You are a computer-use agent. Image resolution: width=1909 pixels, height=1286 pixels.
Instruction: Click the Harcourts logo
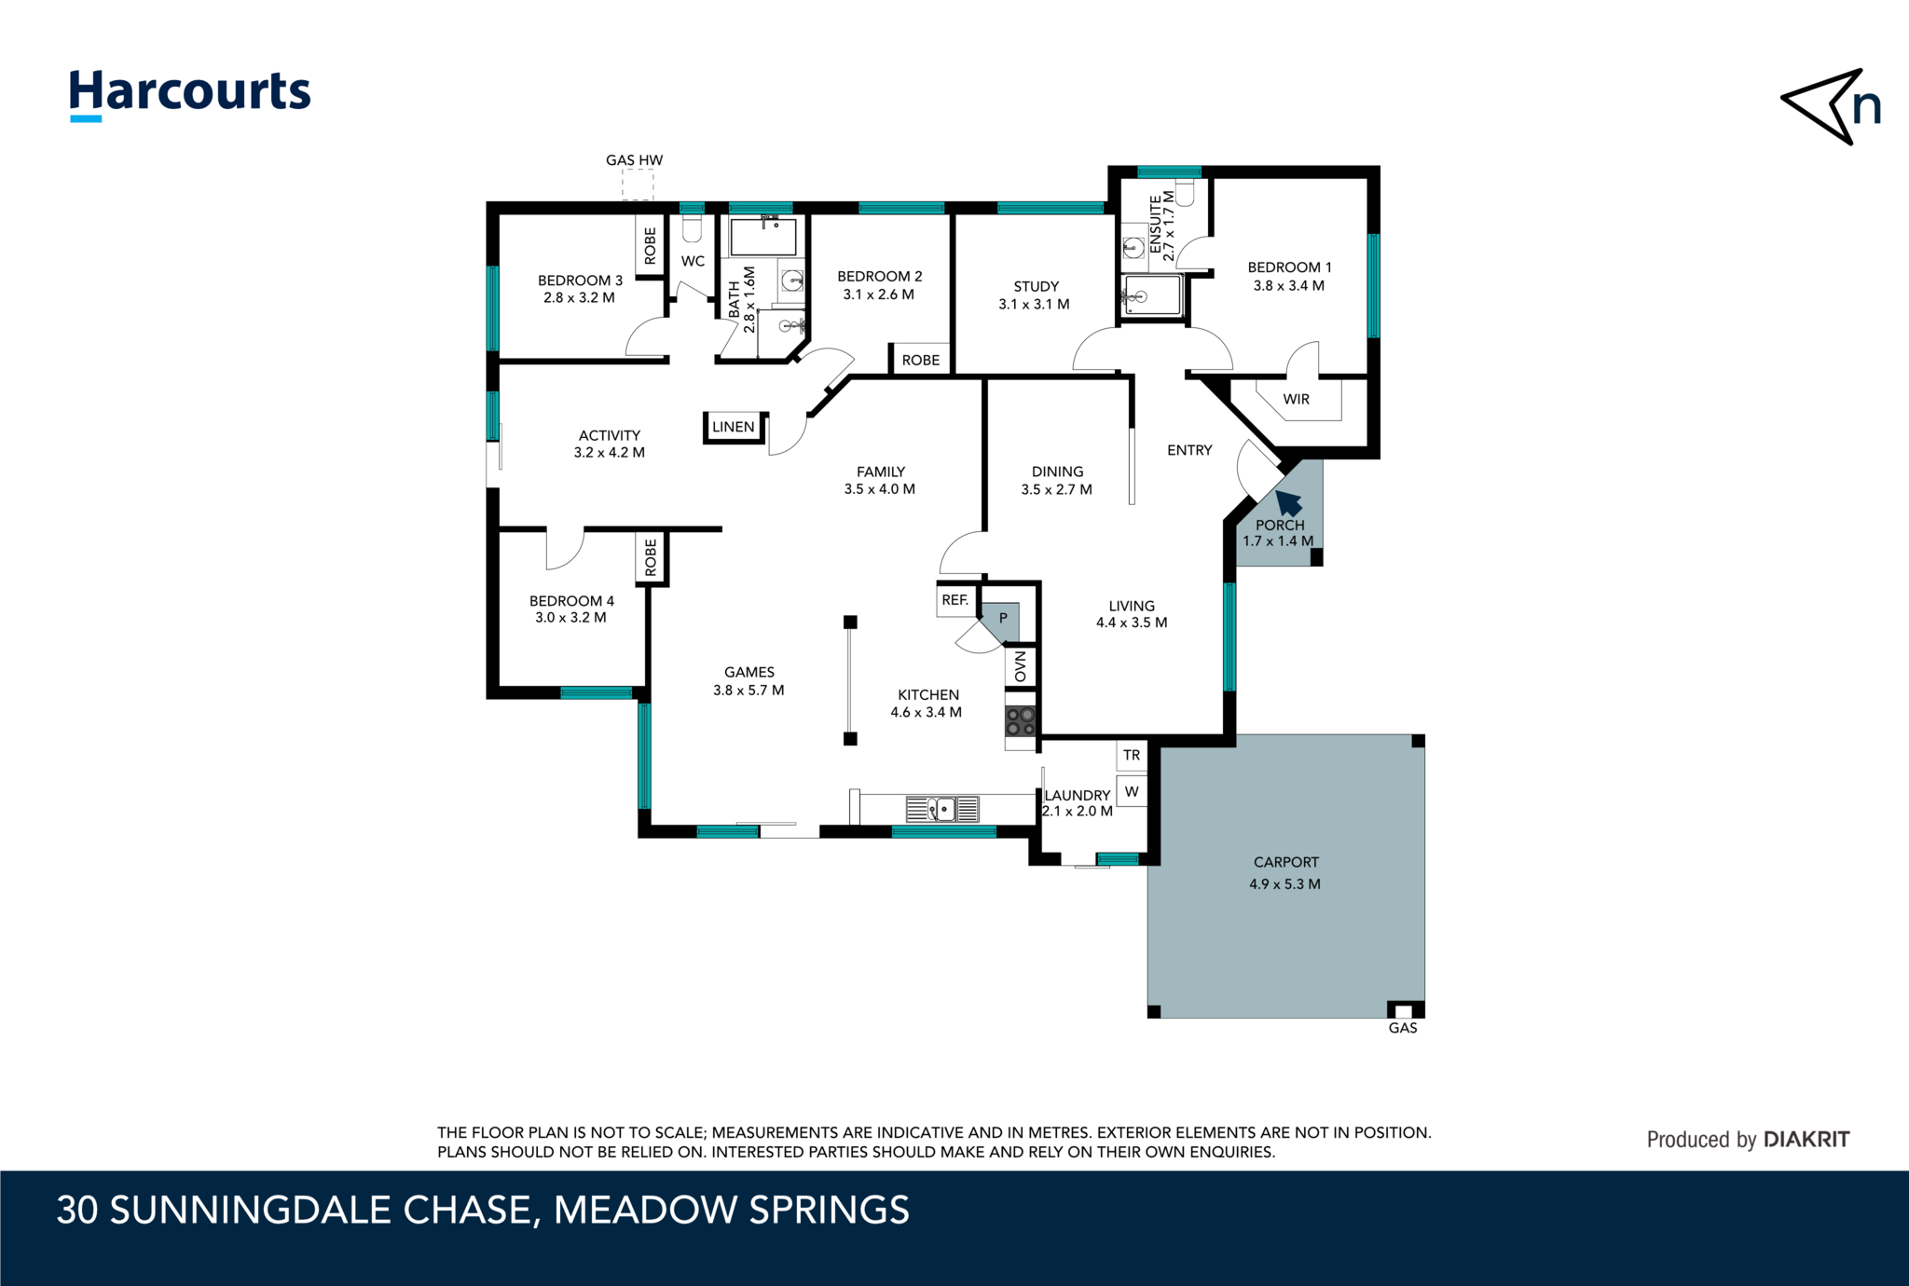pos(190,94)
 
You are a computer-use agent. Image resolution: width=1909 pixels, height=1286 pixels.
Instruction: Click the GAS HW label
pos(634,160)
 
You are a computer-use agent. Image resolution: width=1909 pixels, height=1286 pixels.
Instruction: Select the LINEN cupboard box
pos(734,427)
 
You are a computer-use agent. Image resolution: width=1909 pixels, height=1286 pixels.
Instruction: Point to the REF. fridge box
pos(955,600)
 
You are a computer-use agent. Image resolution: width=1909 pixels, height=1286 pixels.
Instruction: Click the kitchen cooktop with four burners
pos(1021,721)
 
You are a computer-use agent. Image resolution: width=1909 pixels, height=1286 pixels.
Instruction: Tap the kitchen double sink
pos(942,809)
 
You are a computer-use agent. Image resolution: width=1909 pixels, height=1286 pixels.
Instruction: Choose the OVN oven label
pos(1021,666)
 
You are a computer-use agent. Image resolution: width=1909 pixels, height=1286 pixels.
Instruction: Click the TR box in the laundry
pos(1132,755)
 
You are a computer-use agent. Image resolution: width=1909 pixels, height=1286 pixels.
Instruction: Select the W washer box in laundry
pos(1132,792)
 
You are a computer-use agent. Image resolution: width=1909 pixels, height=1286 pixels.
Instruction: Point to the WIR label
pos(1296,399)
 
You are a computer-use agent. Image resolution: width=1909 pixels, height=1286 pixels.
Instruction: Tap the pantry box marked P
pos(1003,619)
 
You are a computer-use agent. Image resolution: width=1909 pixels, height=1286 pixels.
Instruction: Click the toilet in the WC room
pos(692,228)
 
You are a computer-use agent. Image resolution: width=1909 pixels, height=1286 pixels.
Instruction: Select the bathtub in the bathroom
pos(763,237)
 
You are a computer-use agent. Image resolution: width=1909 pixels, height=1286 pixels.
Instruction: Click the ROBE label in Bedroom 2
pos(921,360)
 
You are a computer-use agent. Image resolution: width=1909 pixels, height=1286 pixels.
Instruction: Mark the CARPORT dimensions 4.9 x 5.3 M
pos(1284,883)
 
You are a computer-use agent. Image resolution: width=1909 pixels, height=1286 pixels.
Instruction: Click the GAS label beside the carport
pos(1402,1028)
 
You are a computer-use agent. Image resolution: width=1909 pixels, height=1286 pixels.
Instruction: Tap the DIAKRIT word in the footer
pos(1806,1139)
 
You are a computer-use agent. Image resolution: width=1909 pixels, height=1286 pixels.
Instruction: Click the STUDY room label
pos(1036,286)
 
